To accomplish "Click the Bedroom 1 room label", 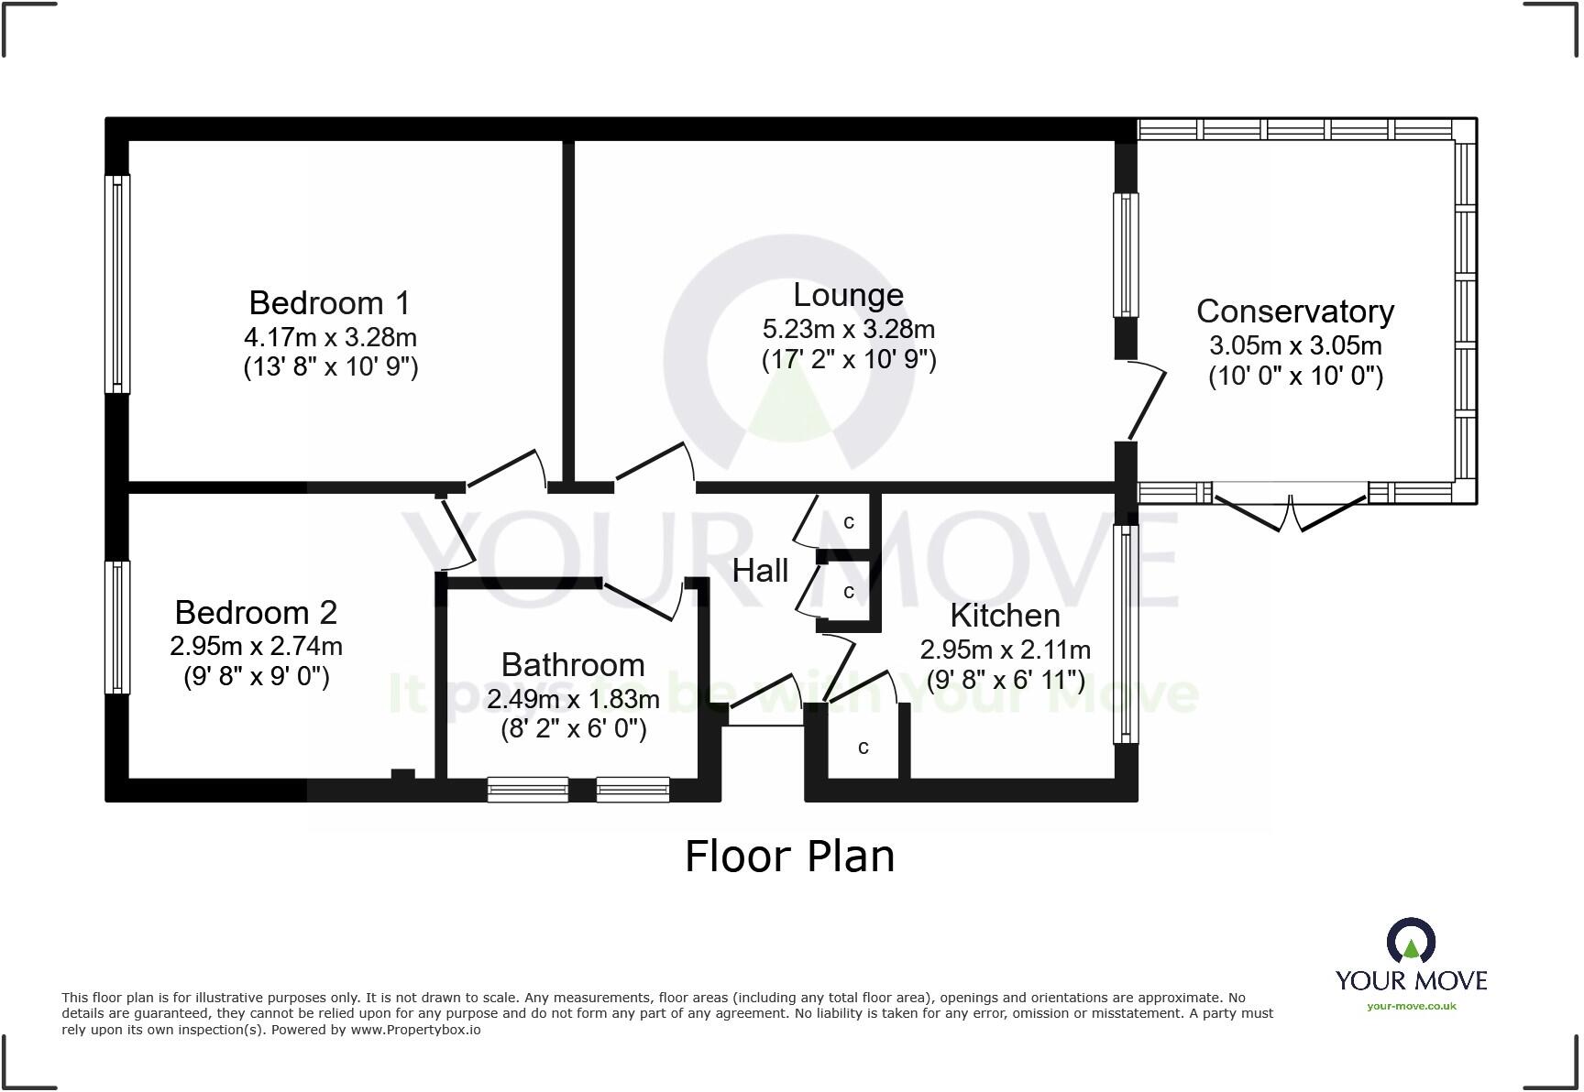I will click(329, 302).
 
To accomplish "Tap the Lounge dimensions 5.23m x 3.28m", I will click(848, 328).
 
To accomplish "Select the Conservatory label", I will click(1294, 311).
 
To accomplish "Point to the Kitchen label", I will click(1005, 616).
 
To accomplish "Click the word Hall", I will click(760, 571).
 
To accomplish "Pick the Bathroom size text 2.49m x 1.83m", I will click(573, 699).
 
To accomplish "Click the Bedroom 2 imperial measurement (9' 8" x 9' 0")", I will click(256, 676).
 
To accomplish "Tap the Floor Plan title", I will click(789, 857).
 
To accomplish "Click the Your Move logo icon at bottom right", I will click(1410, 941).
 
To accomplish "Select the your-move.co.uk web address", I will click(1411, 1006).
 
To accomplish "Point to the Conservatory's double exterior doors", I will click(1290, 513).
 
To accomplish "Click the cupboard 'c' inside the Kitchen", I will click(863, 748).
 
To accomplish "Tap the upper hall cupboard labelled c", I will click(849, 521).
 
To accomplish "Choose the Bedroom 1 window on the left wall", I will click(117, 284).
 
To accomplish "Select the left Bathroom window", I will click(528, 789).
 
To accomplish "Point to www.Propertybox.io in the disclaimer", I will click(415, 1030).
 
